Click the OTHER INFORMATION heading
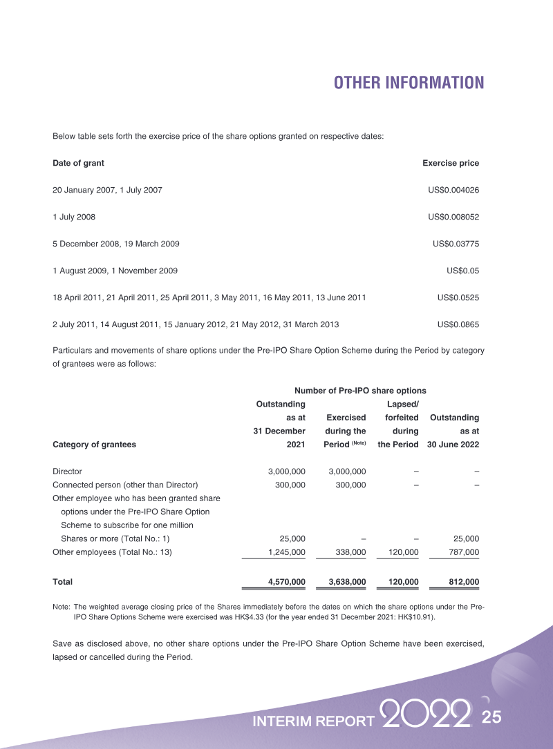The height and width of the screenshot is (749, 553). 409,84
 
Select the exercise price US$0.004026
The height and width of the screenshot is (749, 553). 453,190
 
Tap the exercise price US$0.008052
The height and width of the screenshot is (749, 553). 453,217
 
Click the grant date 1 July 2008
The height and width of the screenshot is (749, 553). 74,217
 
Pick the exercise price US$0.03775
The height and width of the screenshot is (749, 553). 456,244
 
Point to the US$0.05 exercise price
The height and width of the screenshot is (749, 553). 463,271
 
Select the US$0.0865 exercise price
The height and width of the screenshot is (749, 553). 458,324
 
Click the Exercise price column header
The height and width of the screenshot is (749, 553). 450,164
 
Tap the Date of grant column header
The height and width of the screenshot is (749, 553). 78,164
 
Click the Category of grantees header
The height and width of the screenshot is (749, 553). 94,445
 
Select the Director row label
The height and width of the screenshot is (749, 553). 67,471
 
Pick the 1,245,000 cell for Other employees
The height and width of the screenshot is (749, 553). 286,552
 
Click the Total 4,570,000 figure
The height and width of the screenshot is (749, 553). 286,582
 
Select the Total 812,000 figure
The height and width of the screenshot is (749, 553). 463,582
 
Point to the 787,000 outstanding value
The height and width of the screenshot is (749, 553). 463,552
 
